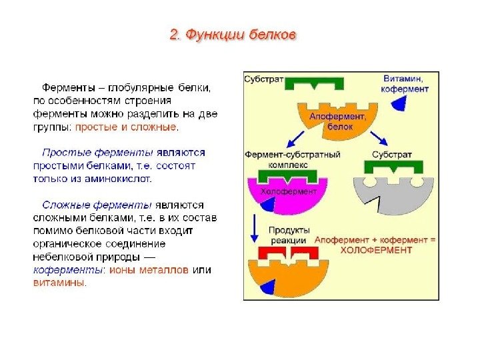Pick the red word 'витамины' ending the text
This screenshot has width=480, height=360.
[59, 282]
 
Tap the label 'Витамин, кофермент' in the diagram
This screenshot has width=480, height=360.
[405, 83]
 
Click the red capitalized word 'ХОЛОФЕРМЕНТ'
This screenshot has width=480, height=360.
[375, 250]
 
